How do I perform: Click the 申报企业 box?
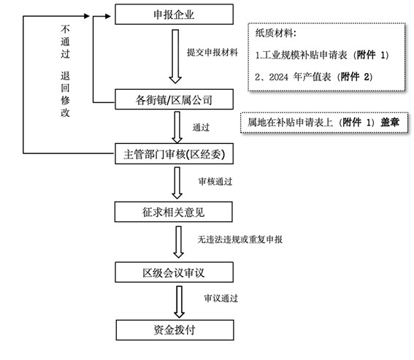coord(175,14)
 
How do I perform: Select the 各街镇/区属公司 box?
coord(175,98)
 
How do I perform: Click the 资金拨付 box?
coord(175,329)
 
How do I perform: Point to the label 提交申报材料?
coord(212,53)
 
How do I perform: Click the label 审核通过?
coord(215,180)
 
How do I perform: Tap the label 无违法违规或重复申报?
coord(240,239)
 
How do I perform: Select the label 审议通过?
coord(221,299)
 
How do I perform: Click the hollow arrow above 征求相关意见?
coord(175,183)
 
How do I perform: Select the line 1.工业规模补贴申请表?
coord(307,55)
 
